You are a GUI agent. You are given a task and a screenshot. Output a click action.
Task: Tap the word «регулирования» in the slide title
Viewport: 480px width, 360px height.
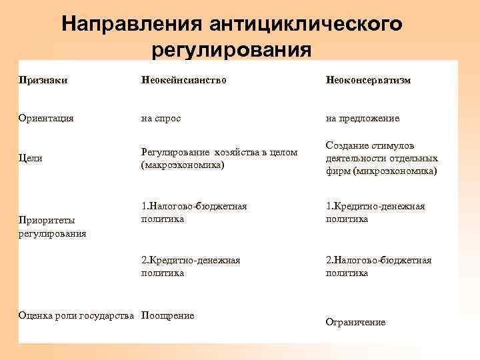[x=231, y=50]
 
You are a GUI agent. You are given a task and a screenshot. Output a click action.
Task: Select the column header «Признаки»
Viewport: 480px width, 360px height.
[x=44, y=80]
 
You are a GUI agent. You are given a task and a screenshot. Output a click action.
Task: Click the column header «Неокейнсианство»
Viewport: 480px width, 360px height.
[x=183, y=80]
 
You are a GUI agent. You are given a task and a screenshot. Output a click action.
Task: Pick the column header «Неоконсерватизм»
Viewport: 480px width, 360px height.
[x=368, y=80]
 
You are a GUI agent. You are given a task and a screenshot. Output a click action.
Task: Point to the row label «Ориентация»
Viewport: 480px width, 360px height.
[x=46, y=118]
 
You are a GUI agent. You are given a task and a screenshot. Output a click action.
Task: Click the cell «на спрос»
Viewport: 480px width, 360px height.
[x=161, y=118]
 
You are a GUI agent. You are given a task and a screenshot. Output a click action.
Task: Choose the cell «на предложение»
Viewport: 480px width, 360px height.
[x=363, y=118]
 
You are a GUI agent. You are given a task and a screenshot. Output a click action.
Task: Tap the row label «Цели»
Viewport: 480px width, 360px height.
[x=31, y=158]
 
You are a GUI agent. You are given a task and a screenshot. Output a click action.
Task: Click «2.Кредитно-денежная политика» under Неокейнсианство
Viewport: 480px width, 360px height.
[x=191, y=266]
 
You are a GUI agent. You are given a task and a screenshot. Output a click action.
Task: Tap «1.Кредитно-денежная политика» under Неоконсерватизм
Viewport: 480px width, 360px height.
[x=375, y=213]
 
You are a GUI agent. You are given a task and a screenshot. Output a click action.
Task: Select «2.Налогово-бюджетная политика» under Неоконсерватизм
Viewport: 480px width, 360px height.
[x=379, y=266]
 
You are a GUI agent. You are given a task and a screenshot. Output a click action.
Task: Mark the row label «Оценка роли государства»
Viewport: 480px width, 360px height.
[x=77, y=315]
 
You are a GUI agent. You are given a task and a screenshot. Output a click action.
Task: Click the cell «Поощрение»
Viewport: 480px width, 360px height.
[x=168, y=315]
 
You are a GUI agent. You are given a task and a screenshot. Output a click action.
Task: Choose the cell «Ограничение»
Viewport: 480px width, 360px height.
[x=355, y=322]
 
